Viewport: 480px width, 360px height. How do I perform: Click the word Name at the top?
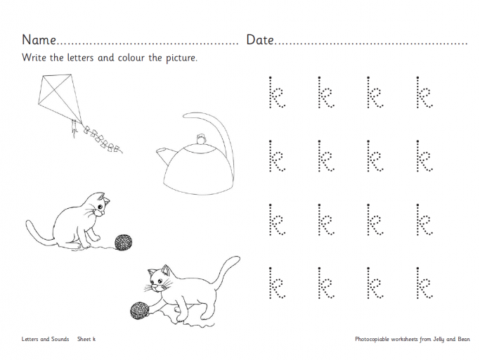pyautogui.click(x=39, y=40)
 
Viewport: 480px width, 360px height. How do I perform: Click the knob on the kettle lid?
pyautogui.click(x=202, y=140)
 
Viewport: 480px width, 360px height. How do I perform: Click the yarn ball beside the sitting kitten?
pyautogui.click(x=124, y=243)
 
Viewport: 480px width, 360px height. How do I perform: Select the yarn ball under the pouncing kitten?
pyautogui.click(x=137, y=310)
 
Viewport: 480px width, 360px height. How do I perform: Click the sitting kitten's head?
pyautogui.click(x=101, y=206)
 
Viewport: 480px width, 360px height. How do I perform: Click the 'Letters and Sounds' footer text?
pyautogui.click(x=45, y=339)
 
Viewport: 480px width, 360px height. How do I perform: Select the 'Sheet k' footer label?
pyautogui.click(x=86, y=339)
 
